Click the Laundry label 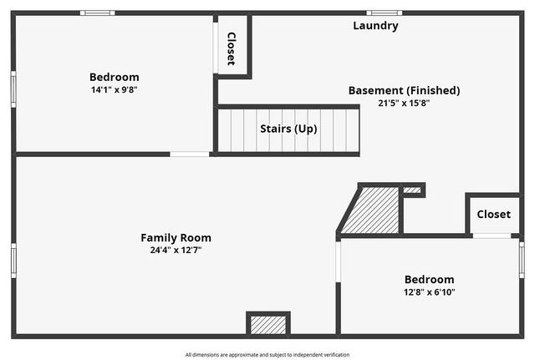(x=375, y=26)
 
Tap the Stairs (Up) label (x=288, y=129)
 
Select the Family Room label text (x=176, y=237)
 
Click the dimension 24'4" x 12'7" (x=176, y=250)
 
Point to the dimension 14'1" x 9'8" (x=115, y=89)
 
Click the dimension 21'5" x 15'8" (x=404, y=103)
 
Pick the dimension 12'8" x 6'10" (x=429, y=292)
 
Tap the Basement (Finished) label (x=404, y=90)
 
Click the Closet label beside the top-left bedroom (x=232, y=48)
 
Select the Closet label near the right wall (x=493, y=215)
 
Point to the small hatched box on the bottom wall (x=268, y=324)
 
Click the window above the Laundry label (x=384, y=13)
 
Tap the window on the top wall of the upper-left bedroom (x=98, y=13)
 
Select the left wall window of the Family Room (x=13, y=260)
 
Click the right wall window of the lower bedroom (x=522, y=260)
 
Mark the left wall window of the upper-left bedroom (x=13, y=88)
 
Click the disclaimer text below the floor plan (x=267, y=354)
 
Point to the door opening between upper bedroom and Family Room (x=190, y=154)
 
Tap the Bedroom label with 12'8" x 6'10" (x=429, y=280)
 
